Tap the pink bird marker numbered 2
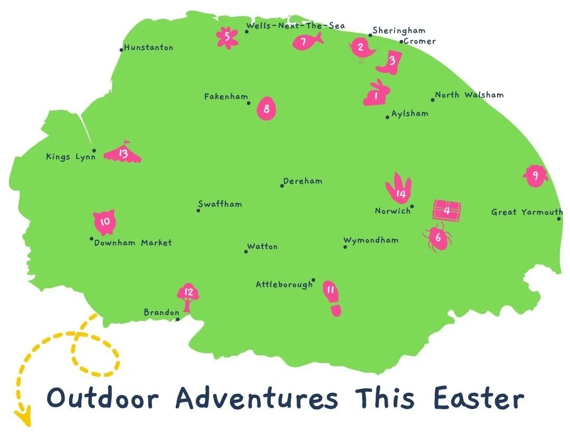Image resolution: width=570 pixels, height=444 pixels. pyautogui.click(x=362, y=48)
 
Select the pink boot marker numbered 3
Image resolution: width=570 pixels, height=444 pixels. pyautogui.click(x=391, y=62)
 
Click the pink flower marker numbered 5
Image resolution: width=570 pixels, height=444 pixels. pyautogui.click(x=227, y=37)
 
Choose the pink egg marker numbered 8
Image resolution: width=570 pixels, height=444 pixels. pyautogui.click(x=267, y=109)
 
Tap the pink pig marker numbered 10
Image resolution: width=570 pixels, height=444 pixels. pyautogui.click(x=104, y=222)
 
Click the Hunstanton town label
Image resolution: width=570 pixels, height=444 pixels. pyautogui.click(x=148, y=48)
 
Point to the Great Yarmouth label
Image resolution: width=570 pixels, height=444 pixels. pyautogui.click(x=527, y=212)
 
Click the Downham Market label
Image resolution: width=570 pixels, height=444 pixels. pyautogui.click(x=133, y=243)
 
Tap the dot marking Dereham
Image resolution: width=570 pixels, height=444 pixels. pyautogui.click(x=282, y=185)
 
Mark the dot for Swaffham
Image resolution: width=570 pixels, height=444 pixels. pyautogui.click(x=198, y=210)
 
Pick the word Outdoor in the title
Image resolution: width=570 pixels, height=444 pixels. pyautogui.click(x=102, y=398)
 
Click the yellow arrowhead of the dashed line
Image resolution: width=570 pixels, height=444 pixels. pyautogui.click(x=23, y=417)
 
